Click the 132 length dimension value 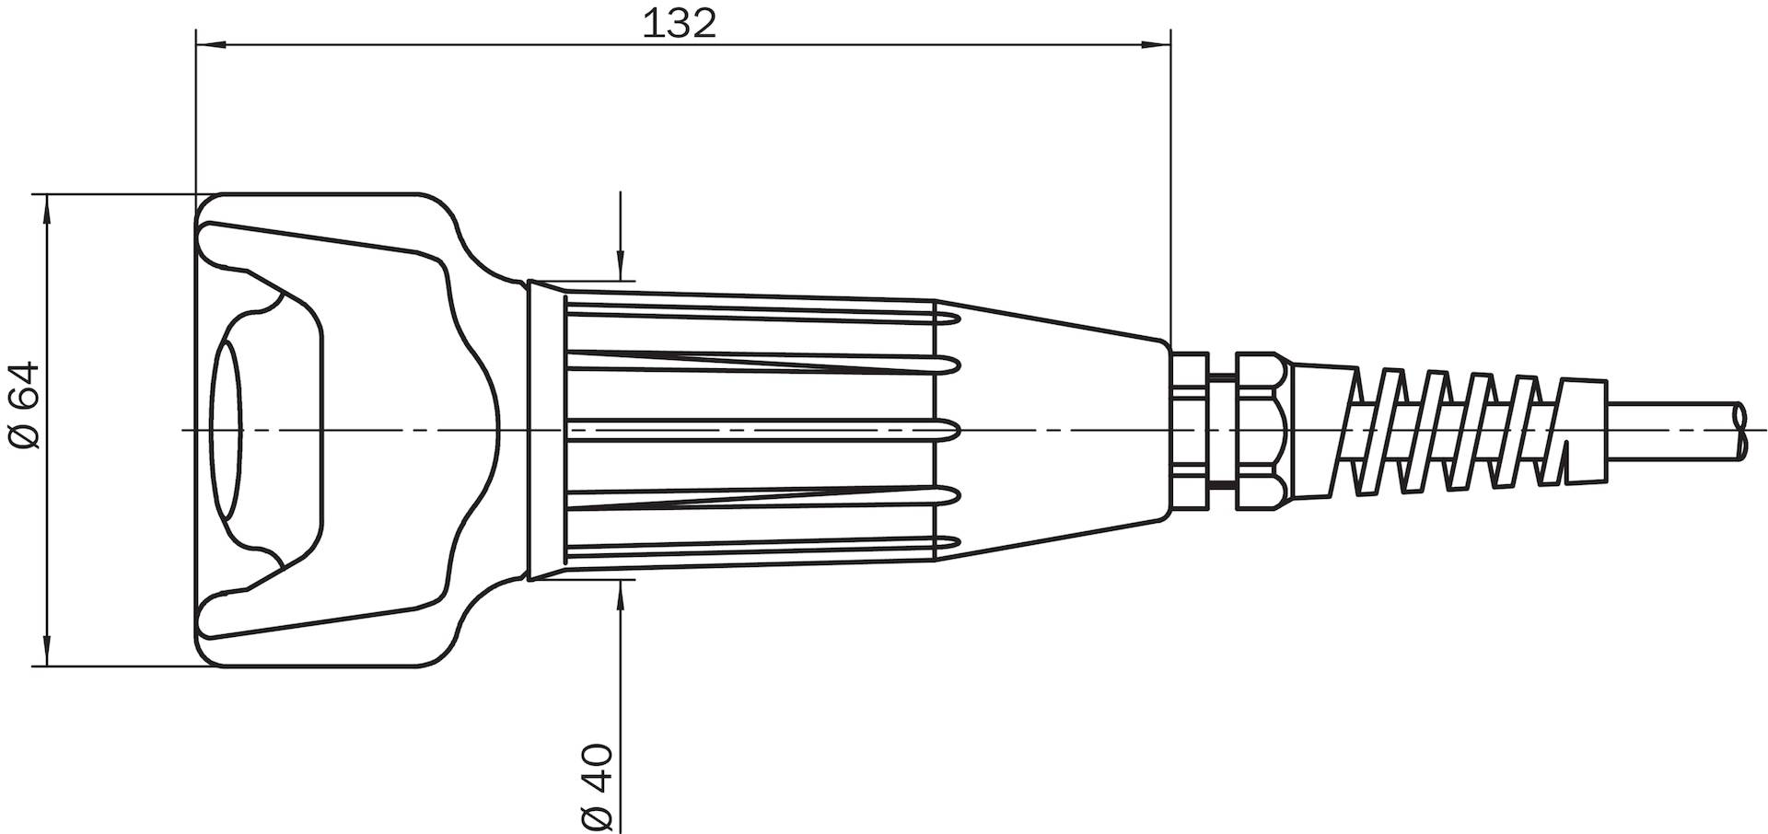point(679,24)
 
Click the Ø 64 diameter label point(25,405)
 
